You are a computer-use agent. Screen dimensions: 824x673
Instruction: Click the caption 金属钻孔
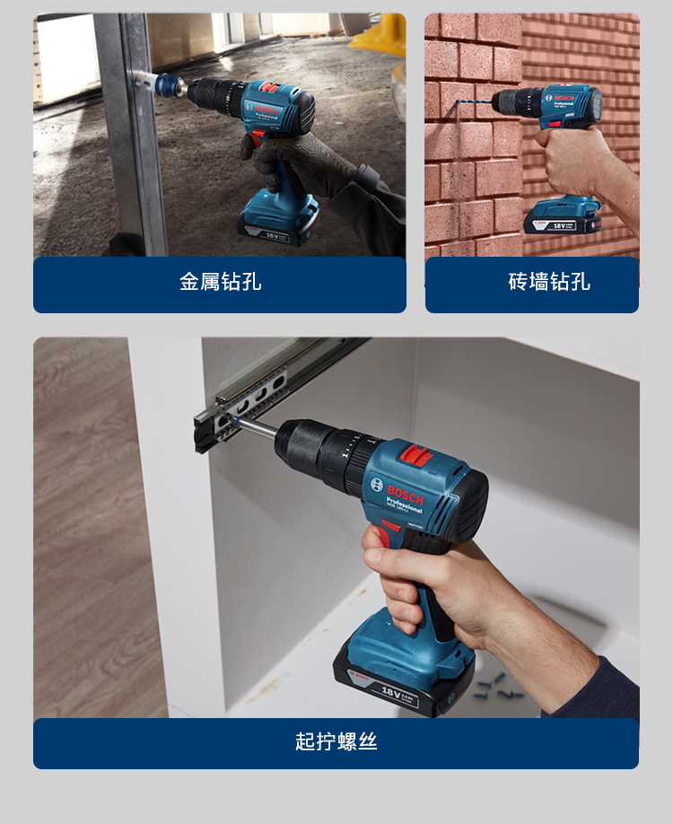click(220, 282)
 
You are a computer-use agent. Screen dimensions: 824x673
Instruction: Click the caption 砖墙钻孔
click(549, 282)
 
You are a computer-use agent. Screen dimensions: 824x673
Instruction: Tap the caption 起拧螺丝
click(336, 741)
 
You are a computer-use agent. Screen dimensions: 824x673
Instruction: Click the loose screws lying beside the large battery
click(491, 682)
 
